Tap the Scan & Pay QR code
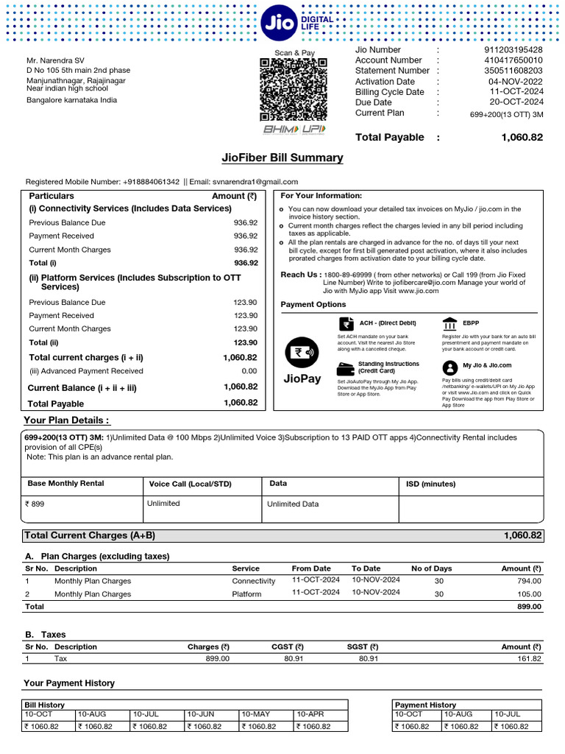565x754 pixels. (x=294, y=91)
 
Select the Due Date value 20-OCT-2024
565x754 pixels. (x=516, y=102)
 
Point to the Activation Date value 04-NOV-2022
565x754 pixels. (x=516, y=82)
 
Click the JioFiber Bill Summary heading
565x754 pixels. (x=282, y=158)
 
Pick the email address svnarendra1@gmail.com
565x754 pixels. (x=256, y=182)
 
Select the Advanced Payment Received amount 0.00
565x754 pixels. (x=249, y=371)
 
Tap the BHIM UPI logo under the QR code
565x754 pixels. (x=294, y=130)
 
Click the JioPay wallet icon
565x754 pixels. (x=302, y=352)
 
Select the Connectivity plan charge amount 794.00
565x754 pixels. (x=527, y=581)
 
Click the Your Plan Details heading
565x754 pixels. (x=67, y=420)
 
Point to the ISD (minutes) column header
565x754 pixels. (x=431, y=484)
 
